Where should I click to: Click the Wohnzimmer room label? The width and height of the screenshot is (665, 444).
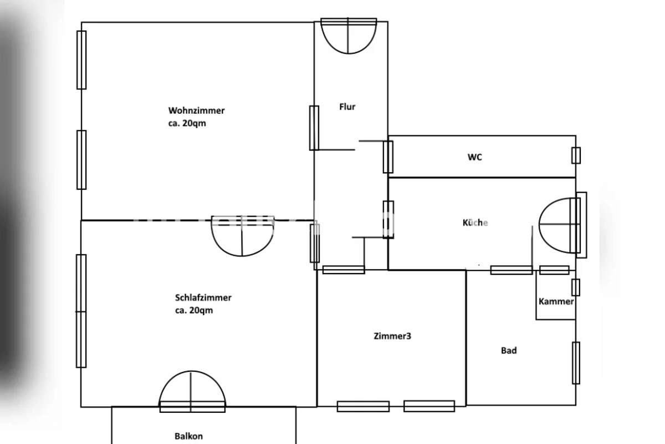196,110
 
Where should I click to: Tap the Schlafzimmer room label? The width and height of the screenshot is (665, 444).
203,297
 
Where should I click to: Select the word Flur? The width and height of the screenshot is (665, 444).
347,107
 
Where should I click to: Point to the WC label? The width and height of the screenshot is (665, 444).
475,157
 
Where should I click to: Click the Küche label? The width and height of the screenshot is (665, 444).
475,223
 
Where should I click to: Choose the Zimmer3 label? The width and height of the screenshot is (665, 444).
392,336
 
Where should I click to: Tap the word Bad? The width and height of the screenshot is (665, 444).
509,350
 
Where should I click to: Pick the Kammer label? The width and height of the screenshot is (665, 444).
556,301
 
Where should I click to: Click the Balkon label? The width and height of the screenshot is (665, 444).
188,436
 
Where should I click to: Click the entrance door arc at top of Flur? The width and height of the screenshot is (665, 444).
349,53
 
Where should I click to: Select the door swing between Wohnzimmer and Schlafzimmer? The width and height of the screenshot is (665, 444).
242,255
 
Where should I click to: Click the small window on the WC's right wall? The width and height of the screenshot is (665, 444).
576,155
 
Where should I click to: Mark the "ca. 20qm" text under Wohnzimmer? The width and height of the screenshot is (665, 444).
187,123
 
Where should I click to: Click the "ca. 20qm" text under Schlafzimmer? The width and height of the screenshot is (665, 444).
194,310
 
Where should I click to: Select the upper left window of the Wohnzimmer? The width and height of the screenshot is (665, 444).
81,60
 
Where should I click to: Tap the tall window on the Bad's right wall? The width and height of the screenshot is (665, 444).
576,363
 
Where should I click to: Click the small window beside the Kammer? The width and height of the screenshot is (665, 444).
576,287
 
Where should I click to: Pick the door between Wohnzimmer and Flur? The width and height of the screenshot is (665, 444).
314,128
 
